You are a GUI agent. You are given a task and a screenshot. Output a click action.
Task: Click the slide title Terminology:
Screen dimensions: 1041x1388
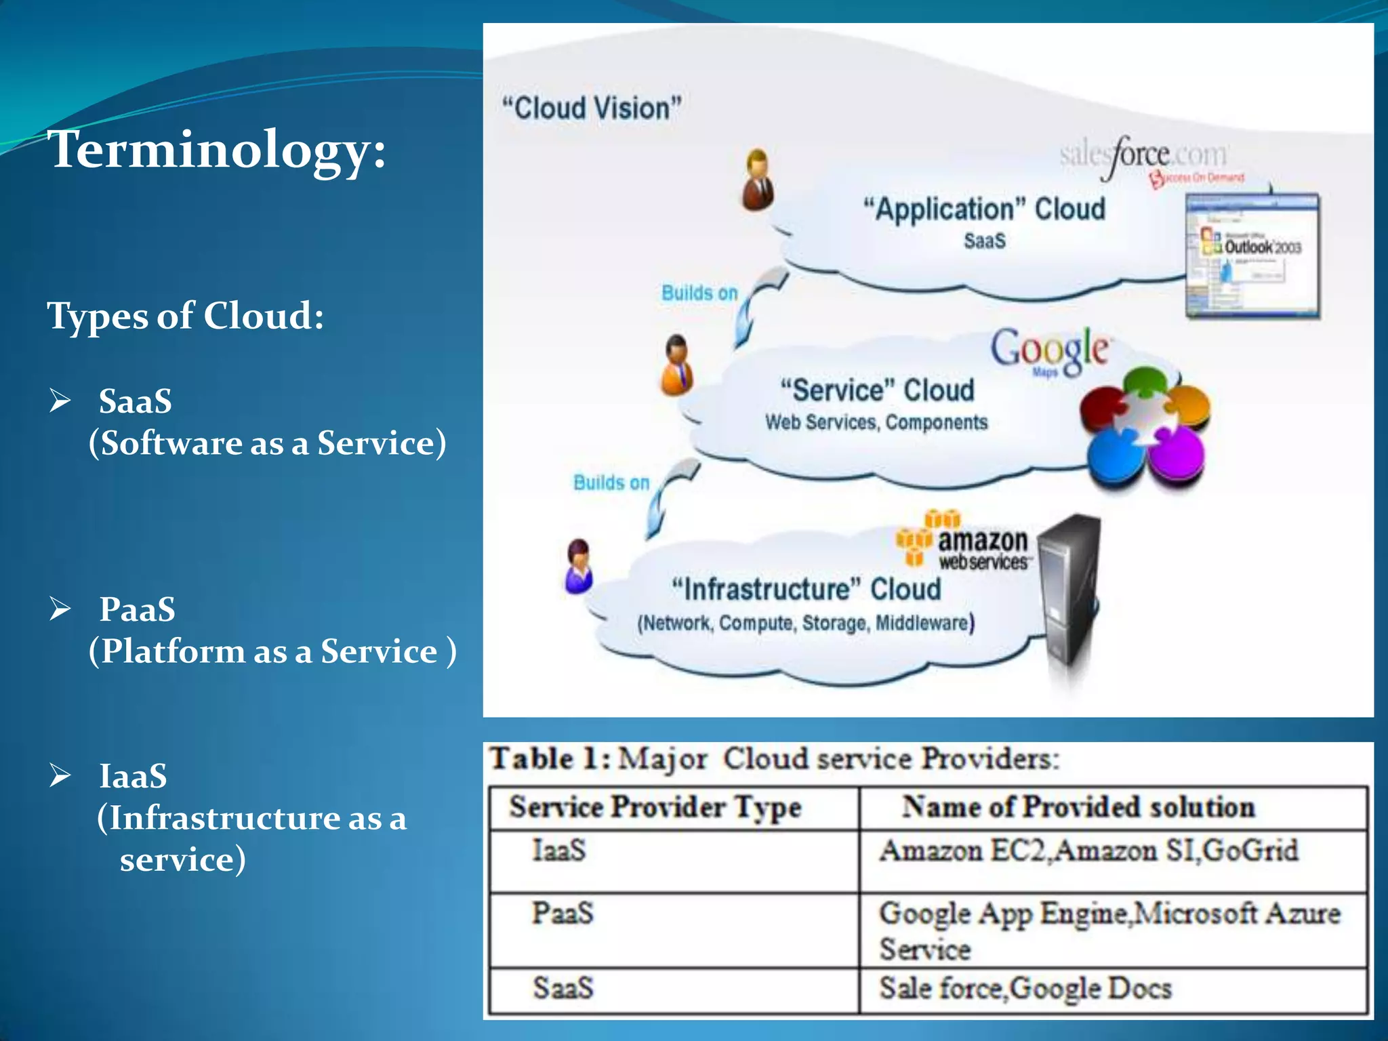click(x=217, y=150)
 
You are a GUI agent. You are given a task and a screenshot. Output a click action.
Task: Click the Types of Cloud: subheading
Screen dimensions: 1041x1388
click(x=186, y=316)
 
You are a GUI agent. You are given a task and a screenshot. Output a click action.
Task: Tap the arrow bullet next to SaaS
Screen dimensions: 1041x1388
click(x=60, y=401)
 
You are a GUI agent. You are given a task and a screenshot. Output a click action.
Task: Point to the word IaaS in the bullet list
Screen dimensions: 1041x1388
click(x=133, y=776)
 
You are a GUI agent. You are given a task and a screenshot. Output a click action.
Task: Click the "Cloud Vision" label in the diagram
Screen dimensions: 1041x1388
click(x=591, y=108)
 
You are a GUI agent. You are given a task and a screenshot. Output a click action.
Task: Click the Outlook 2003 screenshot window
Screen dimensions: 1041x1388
click(x=1252, y=256)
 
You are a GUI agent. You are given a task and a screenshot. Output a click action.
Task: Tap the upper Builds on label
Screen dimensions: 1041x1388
click(x=699, y=293)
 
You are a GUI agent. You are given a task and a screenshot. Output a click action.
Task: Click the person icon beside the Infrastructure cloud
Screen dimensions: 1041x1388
click(x=578, y=566)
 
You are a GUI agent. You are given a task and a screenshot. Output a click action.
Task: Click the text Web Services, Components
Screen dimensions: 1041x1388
click(x=876, y=423)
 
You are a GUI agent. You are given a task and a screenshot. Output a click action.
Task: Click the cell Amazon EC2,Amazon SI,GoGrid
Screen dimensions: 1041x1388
click(x=1088, y=851)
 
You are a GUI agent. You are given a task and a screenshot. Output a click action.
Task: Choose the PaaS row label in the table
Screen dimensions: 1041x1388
click(x=563, y=914)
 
